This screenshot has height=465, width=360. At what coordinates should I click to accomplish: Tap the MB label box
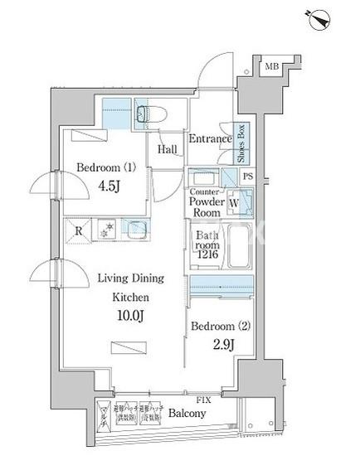coord(271,66)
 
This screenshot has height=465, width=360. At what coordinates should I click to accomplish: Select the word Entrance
coord(210,138)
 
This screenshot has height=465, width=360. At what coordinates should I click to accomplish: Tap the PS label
coord(247,177)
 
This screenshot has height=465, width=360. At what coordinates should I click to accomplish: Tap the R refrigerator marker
coord(78,230)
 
